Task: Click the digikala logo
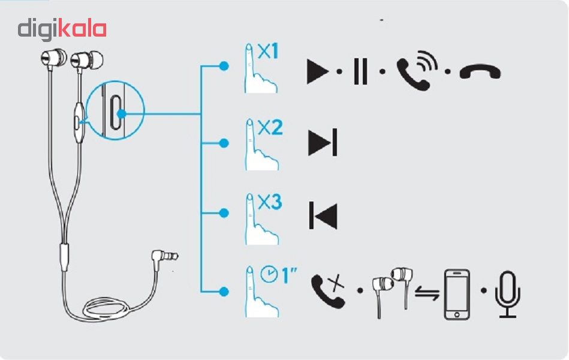click(x=62, y=29)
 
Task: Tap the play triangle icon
click(x=317, y=72)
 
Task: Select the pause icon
click(x=360, y=72)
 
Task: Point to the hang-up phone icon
click(x=480, y=73)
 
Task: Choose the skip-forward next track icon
click(x=323, y=142)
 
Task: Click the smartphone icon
click(x=457, y=294)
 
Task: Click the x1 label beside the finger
click(x=268, y=53)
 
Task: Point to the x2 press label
click(x=270, y=128)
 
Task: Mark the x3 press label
click(x=269, y=203)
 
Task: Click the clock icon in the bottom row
click(x=269, y=275)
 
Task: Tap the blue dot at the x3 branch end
click(x=224, y=213)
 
